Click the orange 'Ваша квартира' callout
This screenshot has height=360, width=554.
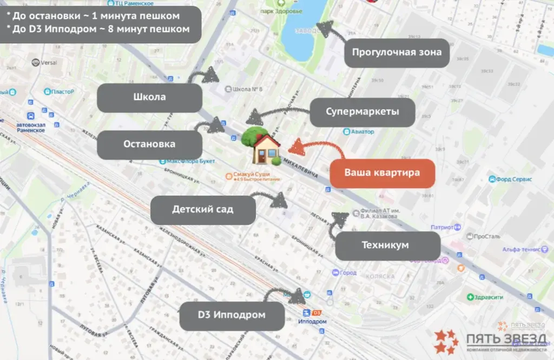point(382,174)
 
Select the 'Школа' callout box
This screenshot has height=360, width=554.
point(149,98)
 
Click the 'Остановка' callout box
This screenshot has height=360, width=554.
point(149,144)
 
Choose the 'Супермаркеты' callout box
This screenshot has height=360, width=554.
point(362,112)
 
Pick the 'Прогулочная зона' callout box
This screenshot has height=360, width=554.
point(397,52)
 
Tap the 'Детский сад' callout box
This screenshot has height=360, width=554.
point(203,210)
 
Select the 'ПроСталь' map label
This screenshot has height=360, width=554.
point(483,236)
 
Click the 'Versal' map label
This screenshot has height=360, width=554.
point(47,63)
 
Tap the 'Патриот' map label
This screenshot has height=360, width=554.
point(442,228)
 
